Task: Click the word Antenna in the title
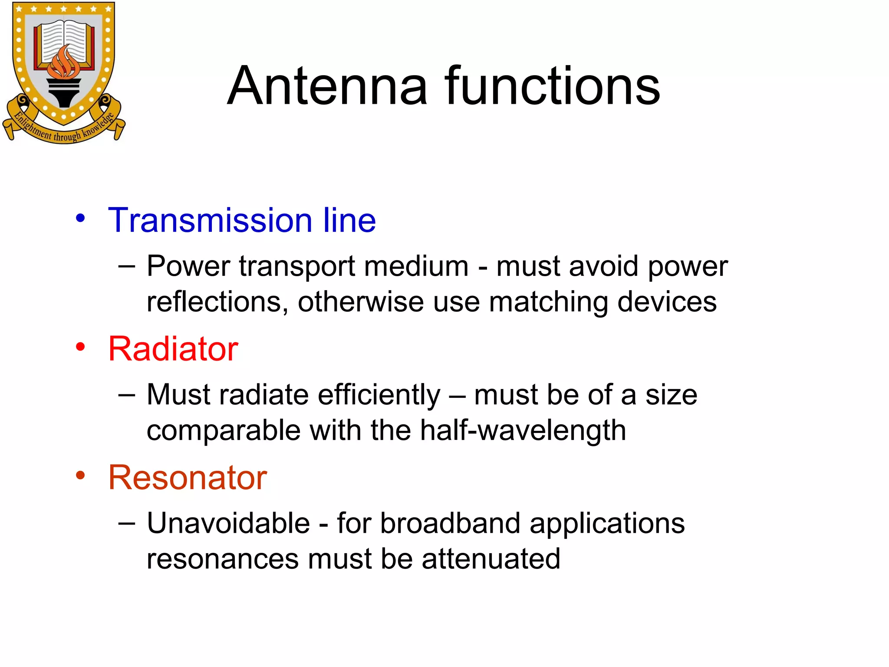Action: tap(327, 86)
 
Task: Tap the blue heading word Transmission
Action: tap(210, 220)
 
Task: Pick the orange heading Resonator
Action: tap(187, 478)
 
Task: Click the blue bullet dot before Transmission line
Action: tap(80, 218)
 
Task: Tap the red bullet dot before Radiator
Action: tap(80, 347)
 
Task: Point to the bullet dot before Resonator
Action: tap(80, 475)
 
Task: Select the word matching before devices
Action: tap(548, 302)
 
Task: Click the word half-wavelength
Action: tap(523, 431)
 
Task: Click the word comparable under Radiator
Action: tap(223, 431)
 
